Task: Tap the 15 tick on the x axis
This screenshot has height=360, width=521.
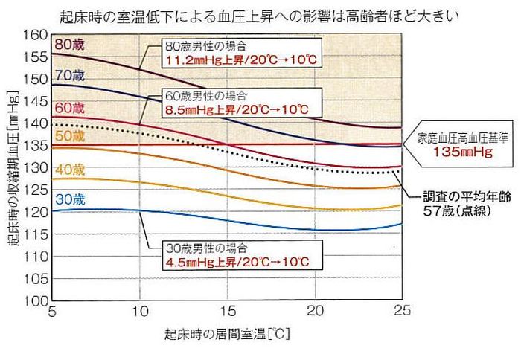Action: tap(228, 311)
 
